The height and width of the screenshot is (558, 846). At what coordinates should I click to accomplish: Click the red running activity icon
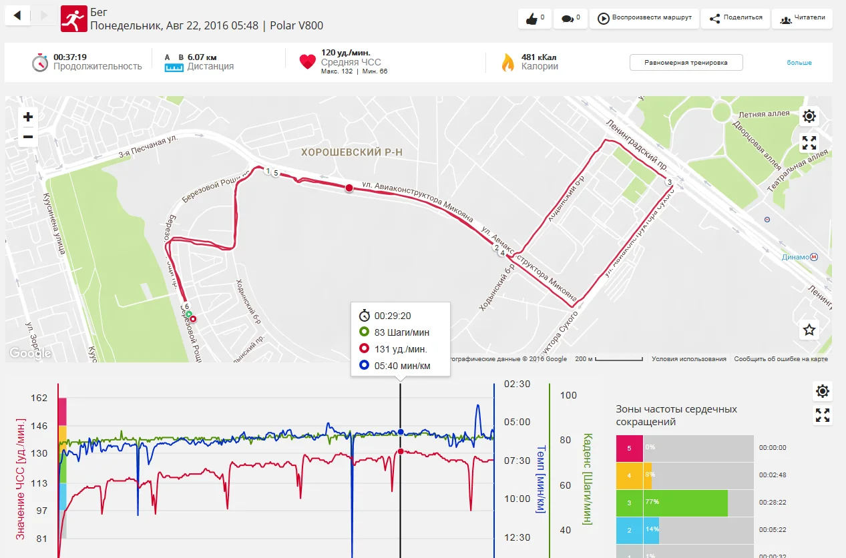(x=73, y=19)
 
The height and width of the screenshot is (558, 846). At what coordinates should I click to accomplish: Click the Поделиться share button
(x=735, y=18)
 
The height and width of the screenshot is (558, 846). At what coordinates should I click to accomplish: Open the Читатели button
(x=803, y=18)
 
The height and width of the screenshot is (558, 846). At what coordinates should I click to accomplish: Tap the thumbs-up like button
(x=535, y=18)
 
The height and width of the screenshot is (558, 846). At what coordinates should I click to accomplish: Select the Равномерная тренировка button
(x=686, y=63)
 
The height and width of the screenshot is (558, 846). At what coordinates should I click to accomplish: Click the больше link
(x=799, y=63)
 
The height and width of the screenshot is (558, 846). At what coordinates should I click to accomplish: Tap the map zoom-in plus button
(x=28, y=117)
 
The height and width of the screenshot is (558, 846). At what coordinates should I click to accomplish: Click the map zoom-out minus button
(x=28, y=137)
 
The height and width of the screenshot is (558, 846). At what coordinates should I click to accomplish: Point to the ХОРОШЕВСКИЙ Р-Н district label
(x=352, y=153)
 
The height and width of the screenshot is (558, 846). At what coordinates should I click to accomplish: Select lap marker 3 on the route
(x=669, y=182)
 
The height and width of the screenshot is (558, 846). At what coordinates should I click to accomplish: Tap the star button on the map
(x=809, y=329)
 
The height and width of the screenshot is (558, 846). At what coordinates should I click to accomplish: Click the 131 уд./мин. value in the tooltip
(x=401, y=348)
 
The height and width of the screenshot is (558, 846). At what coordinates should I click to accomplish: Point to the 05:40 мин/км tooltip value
(x=402, y=365)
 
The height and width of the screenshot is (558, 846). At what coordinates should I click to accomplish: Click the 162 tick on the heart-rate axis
(x=39, y=398)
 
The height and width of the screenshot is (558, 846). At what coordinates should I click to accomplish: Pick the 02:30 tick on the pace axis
(x=517, y=384)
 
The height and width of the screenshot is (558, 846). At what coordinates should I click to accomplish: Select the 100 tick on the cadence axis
(x=568, y=395)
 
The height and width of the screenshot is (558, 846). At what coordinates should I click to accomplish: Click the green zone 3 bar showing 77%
(x=685, y=503)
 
